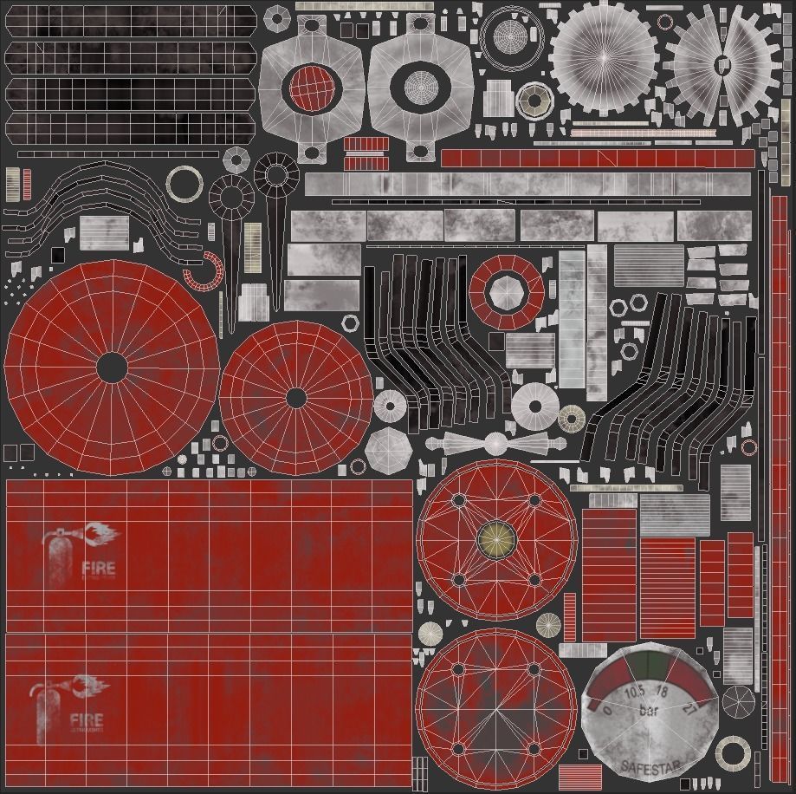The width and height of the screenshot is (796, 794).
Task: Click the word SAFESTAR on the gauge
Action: point(650,767)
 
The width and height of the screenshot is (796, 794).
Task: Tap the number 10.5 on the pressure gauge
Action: point(633,691)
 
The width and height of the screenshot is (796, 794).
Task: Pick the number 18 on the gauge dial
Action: point(663,692)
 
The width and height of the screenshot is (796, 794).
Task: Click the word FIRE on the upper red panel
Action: point(98,569)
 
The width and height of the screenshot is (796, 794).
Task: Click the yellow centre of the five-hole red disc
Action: point(496,540)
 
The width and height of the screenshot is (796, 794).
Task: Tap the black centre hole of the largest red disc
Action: point(111,368)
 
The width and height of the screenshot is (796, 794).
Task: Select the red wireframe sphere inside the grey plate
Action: point(311,88)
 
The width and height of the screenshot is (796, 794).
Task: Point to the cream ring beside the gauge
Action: point(733,753)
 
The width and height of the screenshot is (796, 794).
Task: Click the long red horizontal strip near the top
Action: point(598,159)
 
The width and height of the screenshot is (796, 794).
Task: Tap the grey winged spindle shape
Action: point(495,443)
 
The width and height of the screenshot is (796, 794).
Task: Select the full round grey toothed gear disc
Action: point(604,55)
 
